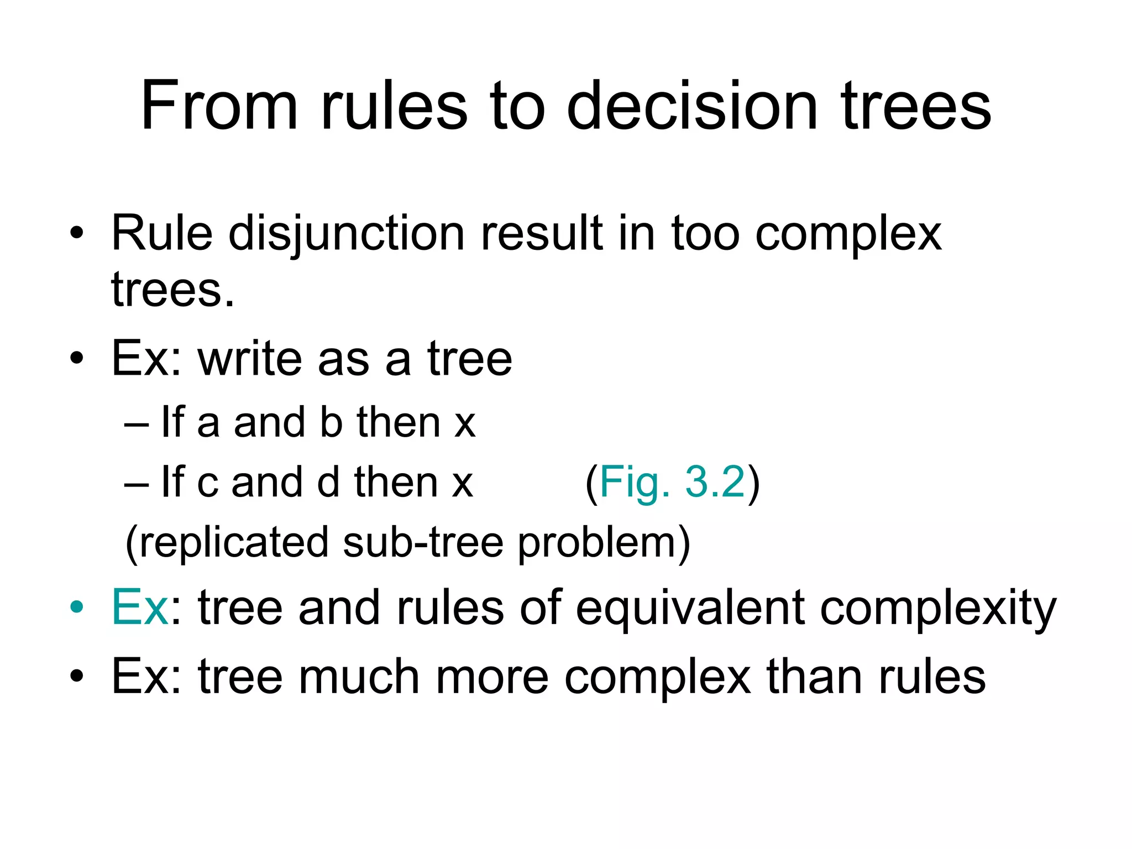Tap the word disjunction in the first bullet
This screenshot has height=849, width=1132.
(x=347, y=233)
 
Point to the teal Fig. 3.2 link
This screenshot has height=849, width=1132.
(x=672, y=483)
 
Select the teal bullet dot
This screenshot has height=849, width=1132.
(x=77, y=607)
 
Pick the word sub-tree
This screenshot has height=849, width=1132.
(x=423, y=542)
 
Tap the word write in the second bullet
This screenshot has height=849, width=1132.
(x=249, y=359)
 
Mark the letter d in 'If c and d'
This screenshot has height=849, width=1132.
(x=328, y=482)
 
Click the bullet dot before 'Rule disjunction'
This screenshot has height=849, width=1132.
(x=77, y=233)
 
